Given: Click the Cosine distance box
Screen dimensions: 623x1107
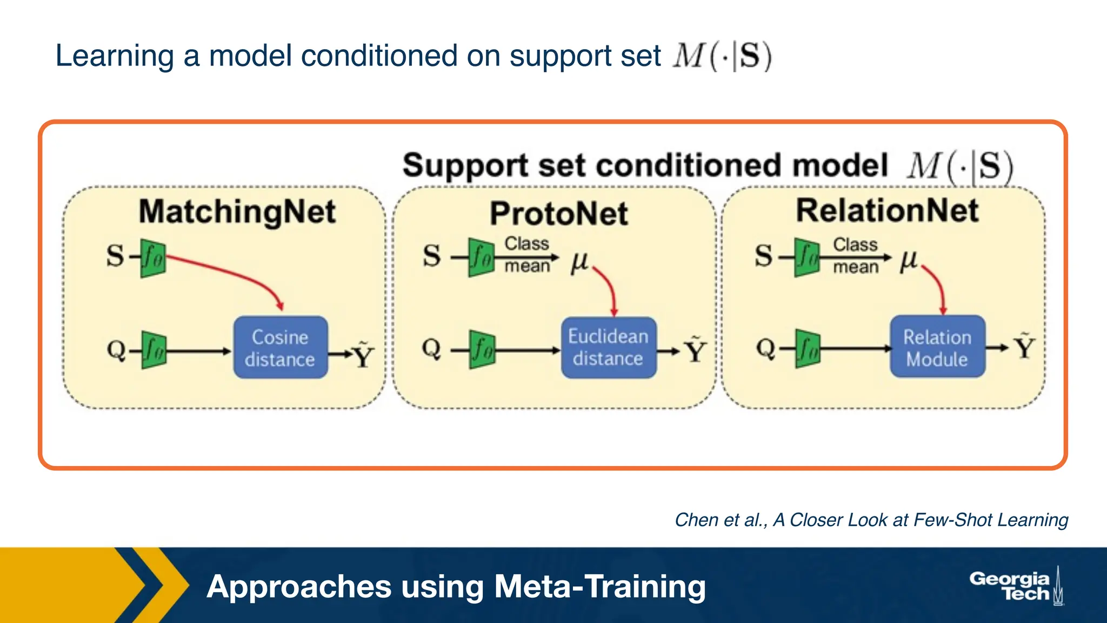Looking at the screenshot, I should (x=280, y=347).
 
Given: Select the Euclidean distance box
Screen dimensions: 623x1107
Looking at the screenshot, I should (x=608, y=347).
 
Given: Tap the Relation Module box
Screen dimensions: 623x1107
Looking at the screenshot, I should (x=937, y=347).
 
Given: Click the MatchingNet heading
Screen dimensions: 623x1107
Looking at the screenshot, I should (x=237, y=211).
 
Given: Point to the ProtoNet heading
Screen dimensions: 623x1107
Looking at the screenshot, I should (x=558, y=214).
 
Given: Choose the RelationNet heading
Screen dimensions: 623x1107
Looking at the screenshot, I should (x=887, y=210).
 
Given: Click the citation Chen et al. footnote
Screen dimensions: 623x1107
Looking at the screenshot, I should (x=871, y=520).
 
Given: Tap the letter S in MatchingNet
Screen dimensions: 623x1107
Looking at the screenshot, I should (x=115, y=256).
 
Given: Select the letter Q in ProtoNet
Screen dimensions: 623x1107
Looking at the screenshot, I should (x=431, y=348).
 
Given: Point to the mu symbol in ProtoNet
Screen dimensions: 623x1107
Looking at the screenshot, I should (x=579, y=262).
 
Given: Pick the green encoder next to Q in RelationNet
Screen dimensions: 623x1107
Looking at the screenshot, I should (x=808, y=349).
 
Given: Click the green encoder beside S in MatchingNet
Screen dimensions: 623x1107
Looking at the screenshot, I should (x=153, y=259).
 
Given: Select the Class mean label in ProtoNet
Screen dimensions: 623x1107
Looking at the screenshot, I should (x=527, y=255).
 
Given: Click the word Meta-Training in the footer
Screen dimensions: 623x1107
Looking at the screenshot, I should (x=599, y=587).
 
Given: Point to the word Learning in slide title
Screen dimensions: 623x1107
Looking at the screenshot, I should (x=114, y=56).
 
